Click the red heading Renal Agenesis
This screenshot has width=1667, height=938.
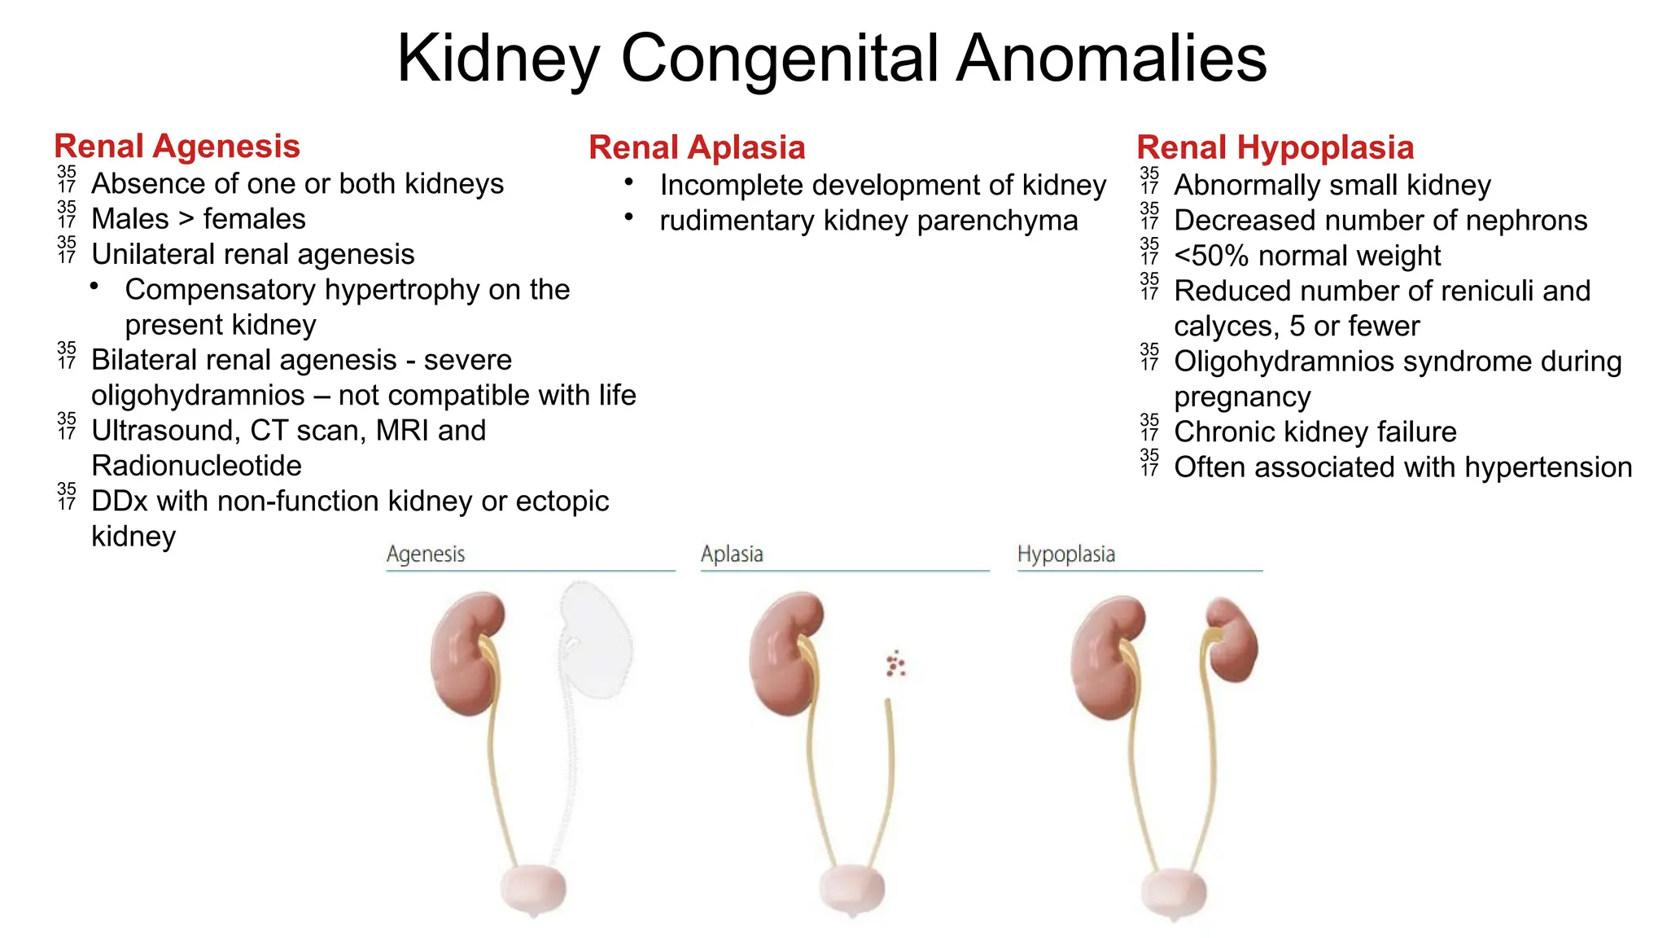pos(177,147)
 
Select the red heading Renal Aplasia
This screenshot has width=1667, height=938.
pos(697,147)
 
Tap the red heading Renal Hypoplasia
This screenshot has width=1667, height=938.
pos(1275,147)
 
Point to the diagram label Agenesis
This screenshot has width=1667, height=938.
pos(426,554)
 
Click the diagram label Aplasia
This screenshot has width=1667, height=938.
pos(732,554)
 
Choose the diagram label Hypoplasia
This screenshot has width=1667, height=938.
pos(1065,554)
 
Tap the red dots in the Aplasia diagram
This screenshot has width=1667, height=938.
pos(895,664)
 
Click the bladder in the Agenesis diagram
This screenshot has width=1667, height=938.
pos(533,889)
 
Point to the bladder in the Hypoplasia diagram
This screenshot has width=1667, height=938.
pos(1174,893)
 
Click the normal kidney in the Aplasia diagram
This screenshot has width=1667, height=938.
pos(784,651)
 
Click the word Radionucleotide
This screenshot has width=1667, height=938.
pos(196,466)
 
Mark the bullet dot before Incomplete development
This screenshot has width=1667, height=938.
pos(629,182)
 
